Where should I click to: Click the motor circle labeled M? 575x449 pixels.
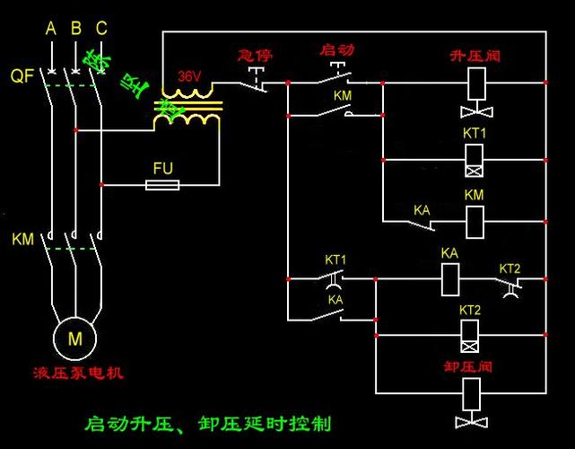74,337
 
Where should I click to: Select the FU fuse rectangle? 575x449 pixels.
162,185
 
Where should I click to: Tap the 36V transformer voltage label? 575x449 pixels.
188,77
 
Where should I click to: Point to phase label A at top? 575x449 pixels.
51,29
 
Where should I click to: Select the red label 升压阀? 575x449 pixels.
475,56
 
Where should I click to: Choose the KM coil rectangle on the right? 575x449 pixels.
475,216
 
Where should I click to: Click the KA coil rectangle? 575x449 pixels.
450,279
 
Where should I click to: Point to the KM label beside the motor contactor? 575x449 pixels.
22,240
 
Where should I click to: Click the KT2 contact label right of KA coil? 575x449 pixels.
510,268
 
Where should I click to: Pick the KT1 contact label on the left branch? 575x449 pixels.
335,260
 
